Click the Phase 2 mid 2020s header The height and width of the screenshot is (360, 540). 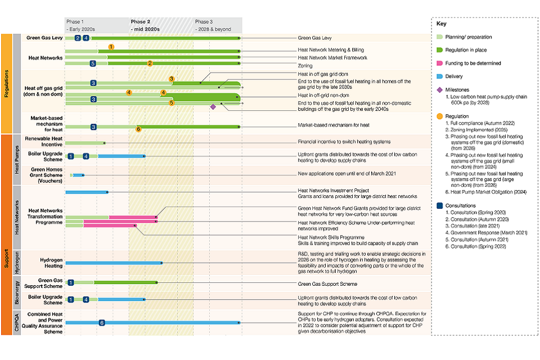(x=145, y=25)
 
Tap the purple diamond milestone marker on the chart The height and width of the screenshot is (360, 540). (x=213, y=107)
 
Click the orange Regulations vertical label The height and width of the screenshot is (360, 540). (x=6, y=84)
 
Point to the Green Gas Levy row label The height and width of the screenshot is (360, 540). (x=43, y=38)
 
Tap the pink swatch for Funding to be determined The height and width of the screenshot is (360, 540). (x=441, y=63)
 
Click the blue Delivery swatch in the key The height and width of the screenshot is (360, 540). (x=441, y=76)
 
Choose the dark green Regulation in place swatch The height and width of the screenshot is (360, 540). (x=441, y=50)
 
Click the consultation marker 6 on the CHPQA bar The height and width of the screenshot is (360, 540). (x=102, y=323)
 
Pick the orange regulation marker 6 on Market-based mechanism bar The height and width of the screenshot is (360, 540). (x=138, y=129)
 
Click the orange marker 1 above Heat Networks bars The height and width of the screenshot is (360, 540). (x=111, y=47)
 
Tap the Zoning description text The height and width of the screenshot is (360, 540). (x=305, y=66)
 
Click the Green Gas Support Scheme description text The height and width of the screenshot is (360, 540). (x=327, y=284)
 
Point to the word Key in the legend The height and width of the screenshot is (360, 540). (x=442, y=24)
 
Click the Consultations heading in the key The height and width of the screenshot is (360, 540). (x=460, y=206)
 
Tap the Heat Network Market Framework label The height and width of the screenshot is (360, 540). (x=332, y=57)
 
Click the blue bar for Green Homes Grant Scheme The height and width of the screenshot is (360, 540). (x=78, y=175)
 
